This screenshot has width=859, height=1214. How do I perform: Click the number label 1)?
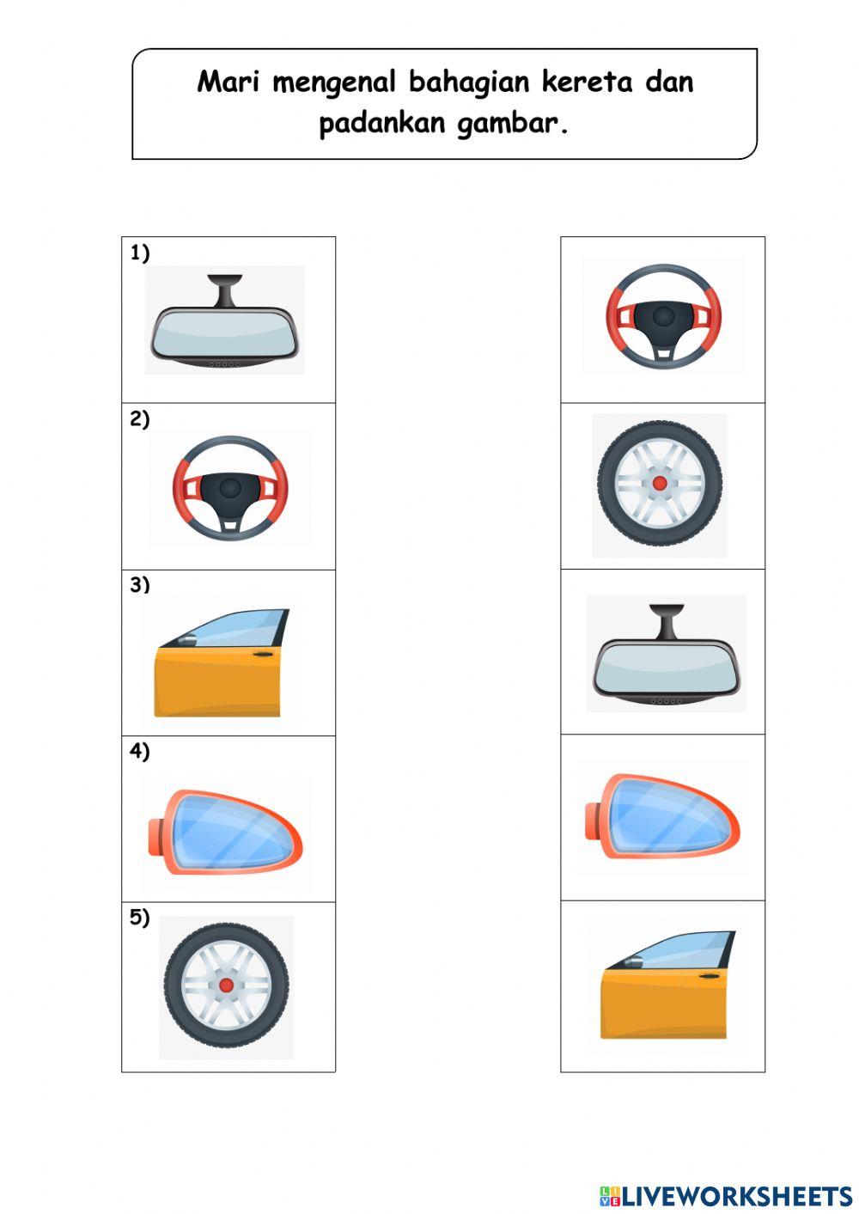pyautogui.click(x=140, y=253)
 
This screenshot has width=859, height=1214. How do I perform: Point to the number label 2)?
pyautogui.click(x=140, y=419)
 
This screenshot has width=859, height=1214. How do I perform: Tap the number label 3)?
pyautogui.click(x=140, y=585)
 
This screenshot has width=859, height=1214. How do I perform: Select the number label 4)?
pyautogui.click(x=140, y=752)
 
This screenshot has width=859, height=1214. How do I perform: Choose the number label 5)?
pyautogui.click(x=140, y=918)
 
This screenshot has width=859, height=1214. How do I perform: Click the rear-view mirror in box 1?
pyautogui.click(x=224, y=332)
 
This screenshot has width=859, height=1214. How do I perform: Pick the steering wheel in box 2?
pyautogui.click(x=229, y=487)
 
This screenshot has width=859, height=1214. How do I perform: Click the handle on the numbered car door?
pyautogui.click(x=263, y=656)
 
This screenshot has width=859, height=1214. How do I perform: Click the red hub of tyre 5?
pyautogui.click(x=226, y=985)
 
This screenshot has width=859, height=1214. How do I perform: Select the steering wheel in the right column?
pyautogui.click(x=663, y=316)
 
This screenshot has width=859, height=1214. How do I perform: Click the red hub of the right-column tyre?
pyautogui.click(x=660, y=484)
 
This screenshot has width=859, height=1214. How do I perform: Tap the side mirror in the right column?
pyautogui.click(x=664, y=816)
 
